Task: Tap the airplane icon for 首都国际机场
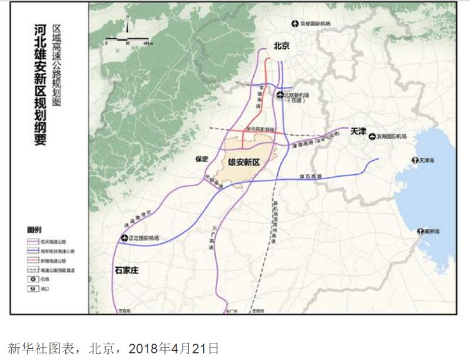tap(296, 23)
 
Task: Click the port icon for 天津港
tap(415, 160)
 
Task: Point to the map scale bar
tap(126, 41)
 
